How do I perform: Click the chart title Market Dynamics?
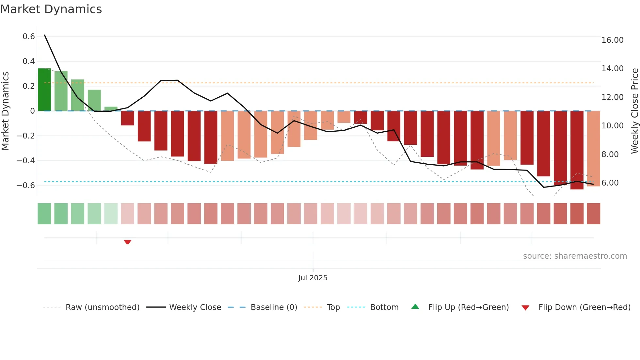(51, 9)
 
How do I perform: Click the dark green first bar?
(44, 90)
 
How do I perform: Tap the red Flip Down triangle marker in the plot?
(128, 242)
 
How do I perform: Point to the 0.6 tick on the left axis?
(29, 37)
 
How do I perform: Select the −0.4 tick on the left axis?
(26, 160)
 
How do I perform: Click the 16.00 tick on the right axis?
(612, 40)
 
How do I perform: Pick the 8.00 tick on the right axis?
(610, 154)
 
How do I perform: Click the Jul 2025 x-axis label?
(312, 278)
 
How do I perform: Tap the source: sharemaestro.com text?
(575, 256)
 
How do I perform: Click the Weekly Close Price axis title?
(634, 111)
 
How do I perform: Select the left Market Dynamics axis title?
(5, 111)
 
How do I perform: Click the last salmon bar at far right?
(593, 149)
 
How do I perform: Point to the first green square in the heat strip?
(44, 214)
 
